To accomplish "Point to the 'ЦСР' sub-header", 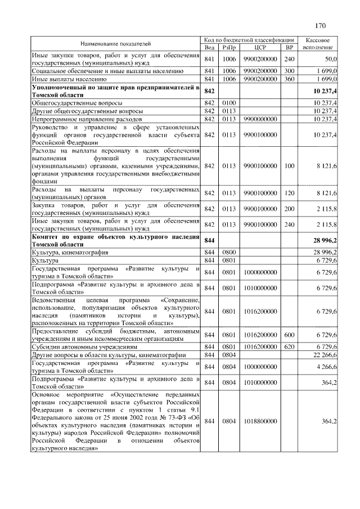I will (260, 47).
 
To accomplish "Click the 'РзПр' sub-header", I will (228, 47).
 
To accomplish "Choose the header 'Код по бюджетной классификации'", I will (250, 40).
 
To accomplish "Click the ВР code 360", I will (290, 79).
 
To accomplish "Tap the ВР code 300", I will (290, 71).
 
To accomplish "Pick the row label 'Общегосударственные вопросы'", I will (70, 103).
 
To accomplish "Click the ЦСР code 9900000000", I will (260, 119).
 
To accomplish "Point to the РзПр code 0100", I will (228, 103).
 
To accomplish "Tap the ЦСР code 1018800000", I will (260, 421).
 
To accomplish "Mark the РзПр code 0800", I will (228, 252).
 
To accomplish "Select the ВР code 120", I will (290, 193).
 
